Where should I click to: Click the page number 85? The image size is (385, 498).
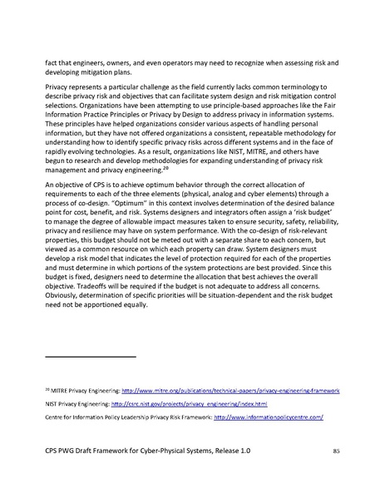point(337,450)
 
